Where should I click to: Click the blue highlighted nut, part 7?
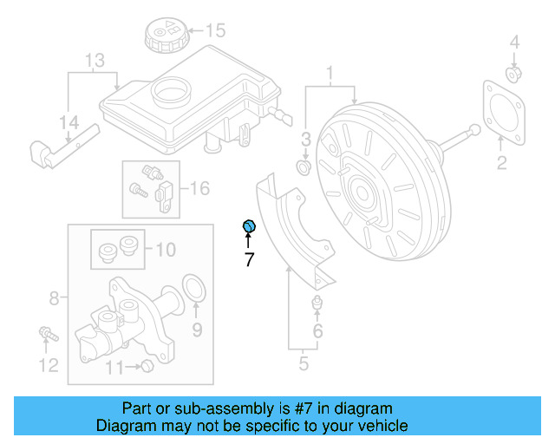248,227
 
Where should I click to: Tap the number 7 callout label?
249,259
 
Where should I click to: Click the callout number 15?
214,31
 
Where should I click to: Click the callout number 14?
69,122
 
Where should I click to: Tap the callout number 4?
514,42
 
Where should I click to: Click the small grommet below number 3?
304,165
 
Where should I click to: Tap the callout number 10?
165,250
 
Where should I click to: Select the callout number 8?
54,299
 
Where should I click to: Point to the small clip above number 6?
317,304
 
